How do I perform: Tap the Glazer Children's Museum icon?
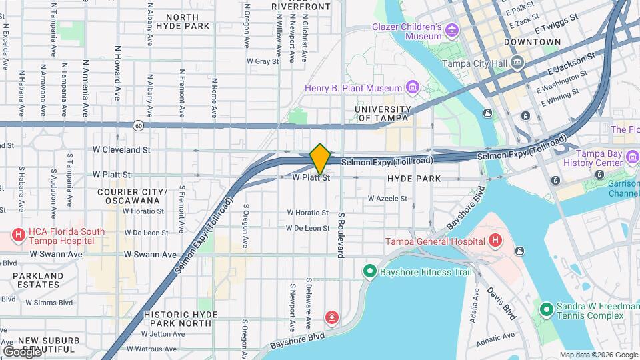click(x=453, y=31)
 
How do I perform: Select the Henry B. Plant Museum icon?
click(x=412, y=88)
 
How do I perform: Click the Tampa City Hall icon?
click(x=518, y=63)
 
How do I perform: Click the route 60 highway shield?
click(x=137, y=125)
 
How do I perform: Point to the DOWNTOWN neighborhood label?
click(x=532, y=42)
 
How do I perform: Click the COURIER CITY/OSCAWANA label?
click(x=132, y=196)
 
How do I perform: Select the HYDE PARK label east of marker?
click(x=413, y=179)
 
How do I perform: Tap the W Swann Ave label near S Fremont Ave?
click(x=152, y=254)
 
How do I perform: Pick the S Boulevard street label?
click(x=340, y=235)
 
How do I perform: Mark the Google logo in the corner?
click(x=21, y=351)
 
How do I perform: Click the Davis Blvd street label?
click(x=501, y=303)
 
